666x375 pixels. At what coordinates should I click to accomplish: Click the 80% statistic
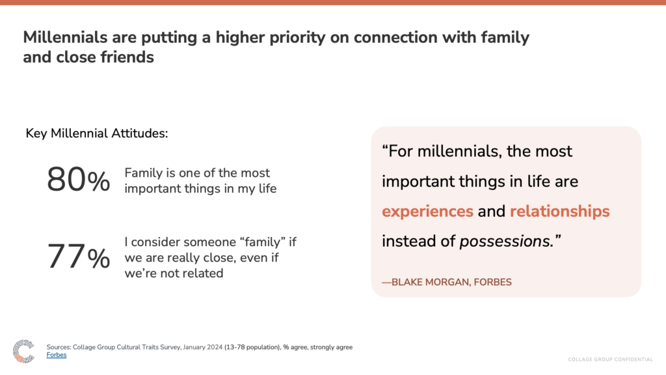(x=79, y=180)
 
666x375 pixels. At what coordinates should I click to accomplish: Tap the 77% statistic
(x=79, y=257)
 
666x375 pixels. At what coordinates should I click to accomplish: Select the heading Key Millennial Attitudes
(x=97, y=133)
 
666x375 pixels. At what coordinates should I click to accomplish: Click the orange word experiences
(x=427, y=212)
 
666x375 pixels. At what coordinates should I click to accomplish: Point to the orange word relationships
(x=559, y=212)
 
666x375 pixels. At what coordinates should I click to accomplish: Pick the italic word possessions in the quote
(x=506, y=242)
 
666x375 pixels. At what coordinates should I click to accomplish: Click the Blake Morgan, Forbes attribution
(x=447, y=283)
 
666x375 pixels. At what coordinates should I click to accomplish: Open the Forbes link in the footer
(x=57, y=355)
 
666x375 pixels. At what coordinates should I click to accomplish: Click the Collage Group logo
(x=23, y=351)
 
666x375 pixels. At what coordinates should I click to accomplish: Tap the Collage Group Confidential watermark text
(x=610, y=359)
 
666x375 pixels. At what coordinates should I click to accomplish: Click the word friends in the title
(x=127, y=57)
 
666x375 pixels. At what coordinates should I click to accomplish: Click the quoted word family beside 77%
(x=263, y=242)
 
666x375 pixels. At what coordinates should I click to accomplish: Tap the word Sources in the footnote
(x=59, y=348)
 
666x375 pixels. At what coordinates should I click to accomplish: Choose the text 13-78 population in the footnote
(x=252, y=348)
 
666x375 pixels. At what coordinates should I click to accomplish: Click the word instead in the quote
(x=408, y=242)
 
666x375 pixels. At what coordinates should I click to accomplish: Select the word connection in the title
(x=395, y=37)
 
